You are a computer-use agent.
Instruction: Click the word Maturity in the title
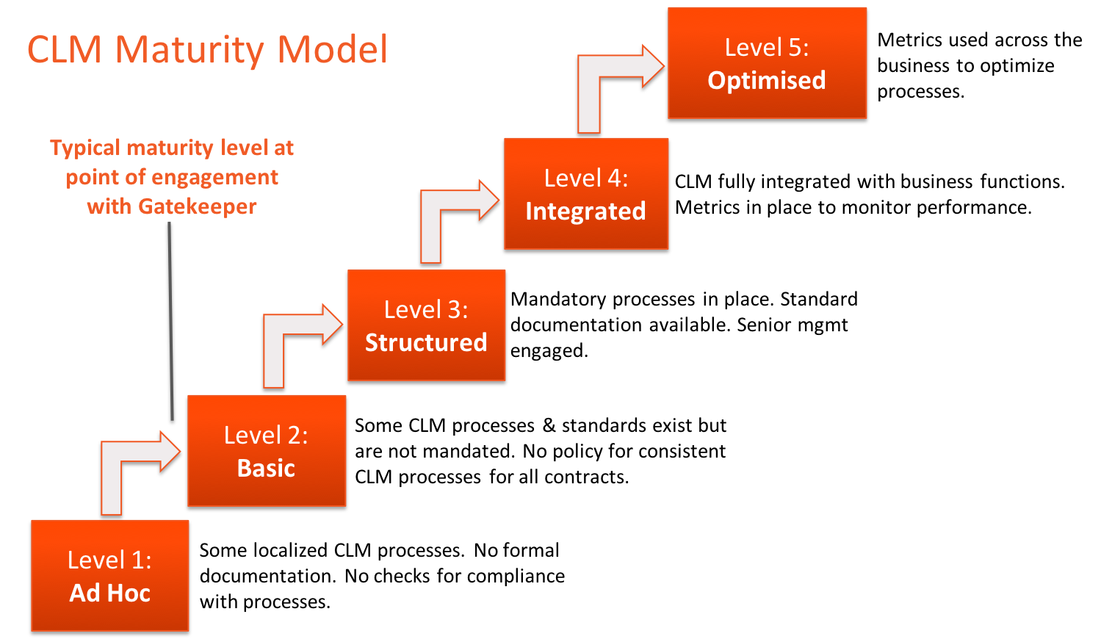189,51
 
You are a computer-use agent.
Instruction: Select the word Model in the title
332,51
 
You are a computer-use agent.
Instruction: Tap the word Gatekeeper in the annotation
197,206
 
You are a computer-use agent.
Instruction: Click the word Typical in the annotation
85,148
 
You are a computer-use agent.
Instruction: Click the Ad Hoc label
110,593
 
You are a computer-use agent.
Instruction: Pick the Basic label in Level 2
266,468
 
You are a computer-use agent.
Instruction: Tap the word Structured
426,342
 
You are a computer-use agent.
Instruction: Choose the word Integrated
585,212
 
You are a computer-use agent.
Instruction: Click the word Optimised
767,80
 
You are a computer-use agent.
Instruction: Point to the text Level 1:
109,560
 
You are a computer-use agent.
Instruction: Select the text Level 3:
426,310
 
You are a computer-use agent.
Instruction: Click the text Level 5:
767,48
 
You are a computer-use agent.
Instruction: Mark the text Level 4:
585,178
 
